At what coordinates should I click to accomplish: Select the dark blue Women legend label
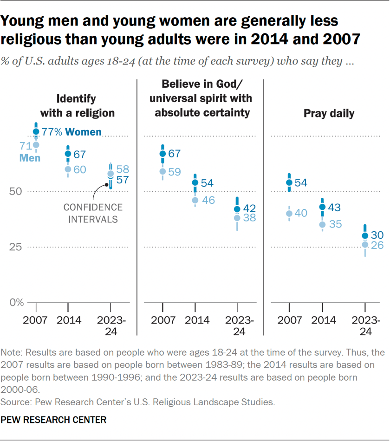tap(83, 132)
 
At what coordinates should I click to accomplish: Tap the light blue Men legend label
tap(30, 158)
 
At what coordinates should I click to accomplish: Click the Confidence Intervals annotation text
tap(93, 213)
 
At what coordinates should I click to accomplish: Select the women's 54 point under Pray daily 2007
tap(289, 182)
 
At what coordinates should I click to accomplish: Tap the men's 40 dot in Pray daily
tap(289, 214)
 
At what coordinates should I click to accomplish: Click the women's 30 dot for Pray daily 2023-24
tap(365, 236)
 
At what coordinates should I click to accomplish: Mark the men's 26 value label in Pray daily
tap(377, 246)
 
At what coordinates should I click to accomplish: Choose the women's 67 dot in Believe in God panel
tap(162, 154)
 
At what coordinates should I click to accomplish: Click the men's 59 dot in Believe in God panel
tap(162, 171)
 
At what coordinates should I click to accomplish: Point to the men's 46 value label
tap(208, 201)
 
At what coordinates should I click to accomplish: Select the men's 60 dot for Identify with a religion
tap(68, 169)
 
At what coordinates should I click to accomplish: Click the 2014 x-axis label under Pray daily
tap(322, 320)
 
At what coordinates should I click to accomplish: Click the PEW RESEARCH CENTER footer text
tap(54, 420)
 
